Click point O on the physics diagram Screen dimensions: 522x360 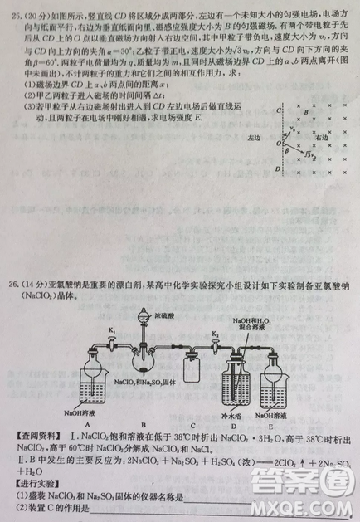click(x=280, y=142)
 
